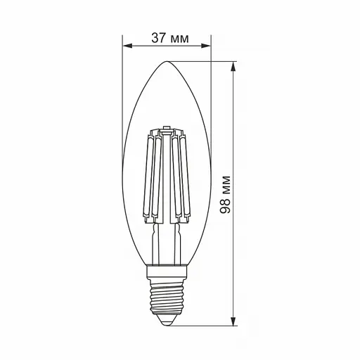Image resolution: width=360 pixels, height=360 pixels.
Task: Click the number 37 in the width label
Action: click(157, 38)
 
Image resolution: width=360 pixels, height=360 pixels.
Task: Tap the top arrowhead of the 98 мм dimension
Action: click(236, 65)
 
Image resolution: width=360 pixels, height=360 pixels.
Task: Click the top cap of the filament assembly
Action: click(167, 130)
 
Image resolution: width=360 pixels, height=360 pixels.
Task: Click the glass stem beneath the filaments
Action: click(167, 239)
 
